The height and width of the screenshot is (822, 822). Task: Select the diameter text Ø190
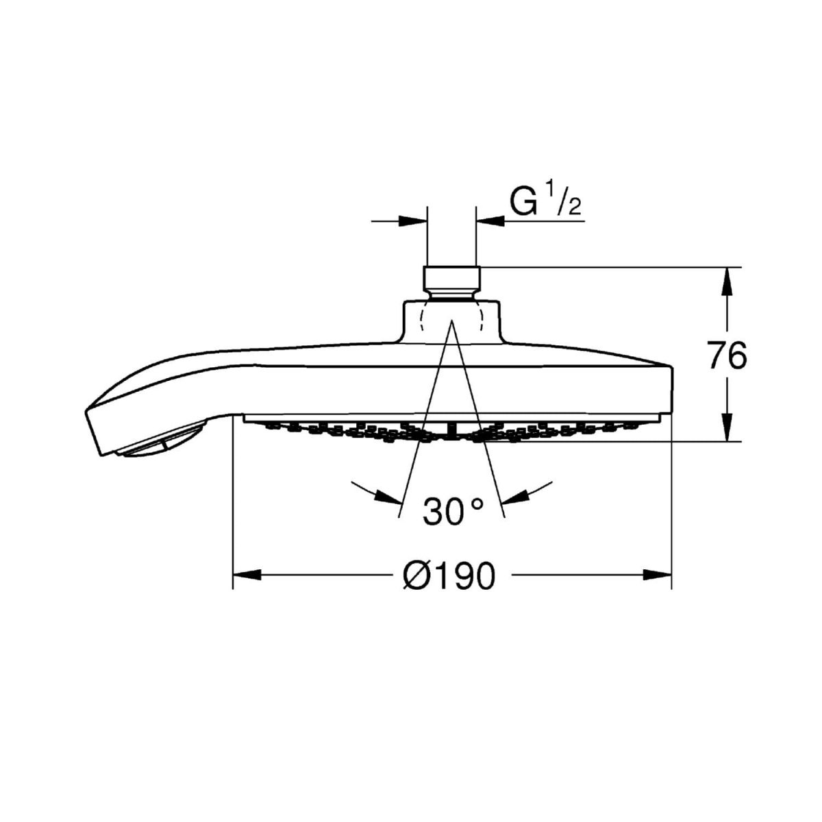[x=449, y=576]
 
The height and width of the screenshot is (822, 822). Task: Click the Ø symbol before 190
[x=416, y=576]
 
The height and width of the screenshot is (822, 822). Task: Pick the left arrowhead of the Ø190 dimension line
[x=247, y=575]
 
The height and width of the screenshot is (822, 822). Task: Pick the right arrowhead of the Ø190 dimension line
[x=658, y=575]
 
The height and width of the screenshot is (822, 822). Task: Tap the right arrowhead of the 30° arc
[x=514, y=496]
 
